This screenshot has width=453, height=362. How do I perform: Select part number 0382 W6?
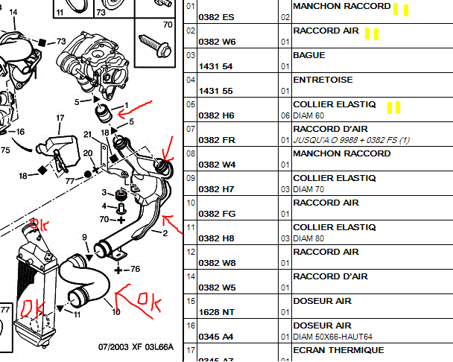click(217, 42)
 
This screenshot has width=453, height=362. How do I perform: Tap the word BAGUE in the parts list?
click(309, 55)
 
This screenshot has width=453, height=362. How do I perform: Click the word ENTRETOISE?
click(323, 80)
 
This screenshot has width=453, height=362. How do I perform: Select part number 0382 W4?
click(217, 165)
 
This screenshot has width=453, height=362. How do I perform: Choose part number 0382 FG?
click(217, 214)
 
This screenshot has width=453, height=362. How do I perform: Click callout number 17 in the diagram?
click(60, 118)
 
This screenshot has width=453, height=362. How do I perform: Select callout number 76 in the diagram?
click(136, 269)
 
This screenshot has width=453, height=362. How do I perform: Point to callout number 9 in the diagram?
click(85, 238)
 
